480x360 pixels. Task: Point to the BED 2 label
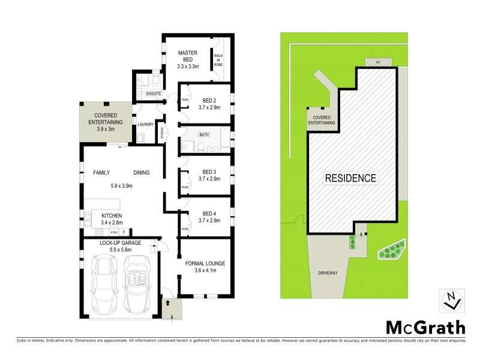pyautogui.click(x=209, y=100)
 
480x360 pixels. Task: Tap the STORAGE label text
pyautogui.click(x=161, y=132)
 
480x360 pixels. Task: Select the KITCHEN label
pyautogui.click(x=112, y=215)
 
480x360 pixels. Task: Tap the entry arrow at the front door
pyautogui.click(x=168, y=304)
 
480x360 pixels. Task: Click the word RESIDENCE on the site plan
pyautogui.click(x=351, y=178)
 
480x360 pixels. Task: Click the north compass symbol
pyautogui.click(x=451, y=300)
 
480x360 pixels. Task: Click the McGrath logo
pyautogui.click(x=425, y=328)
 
